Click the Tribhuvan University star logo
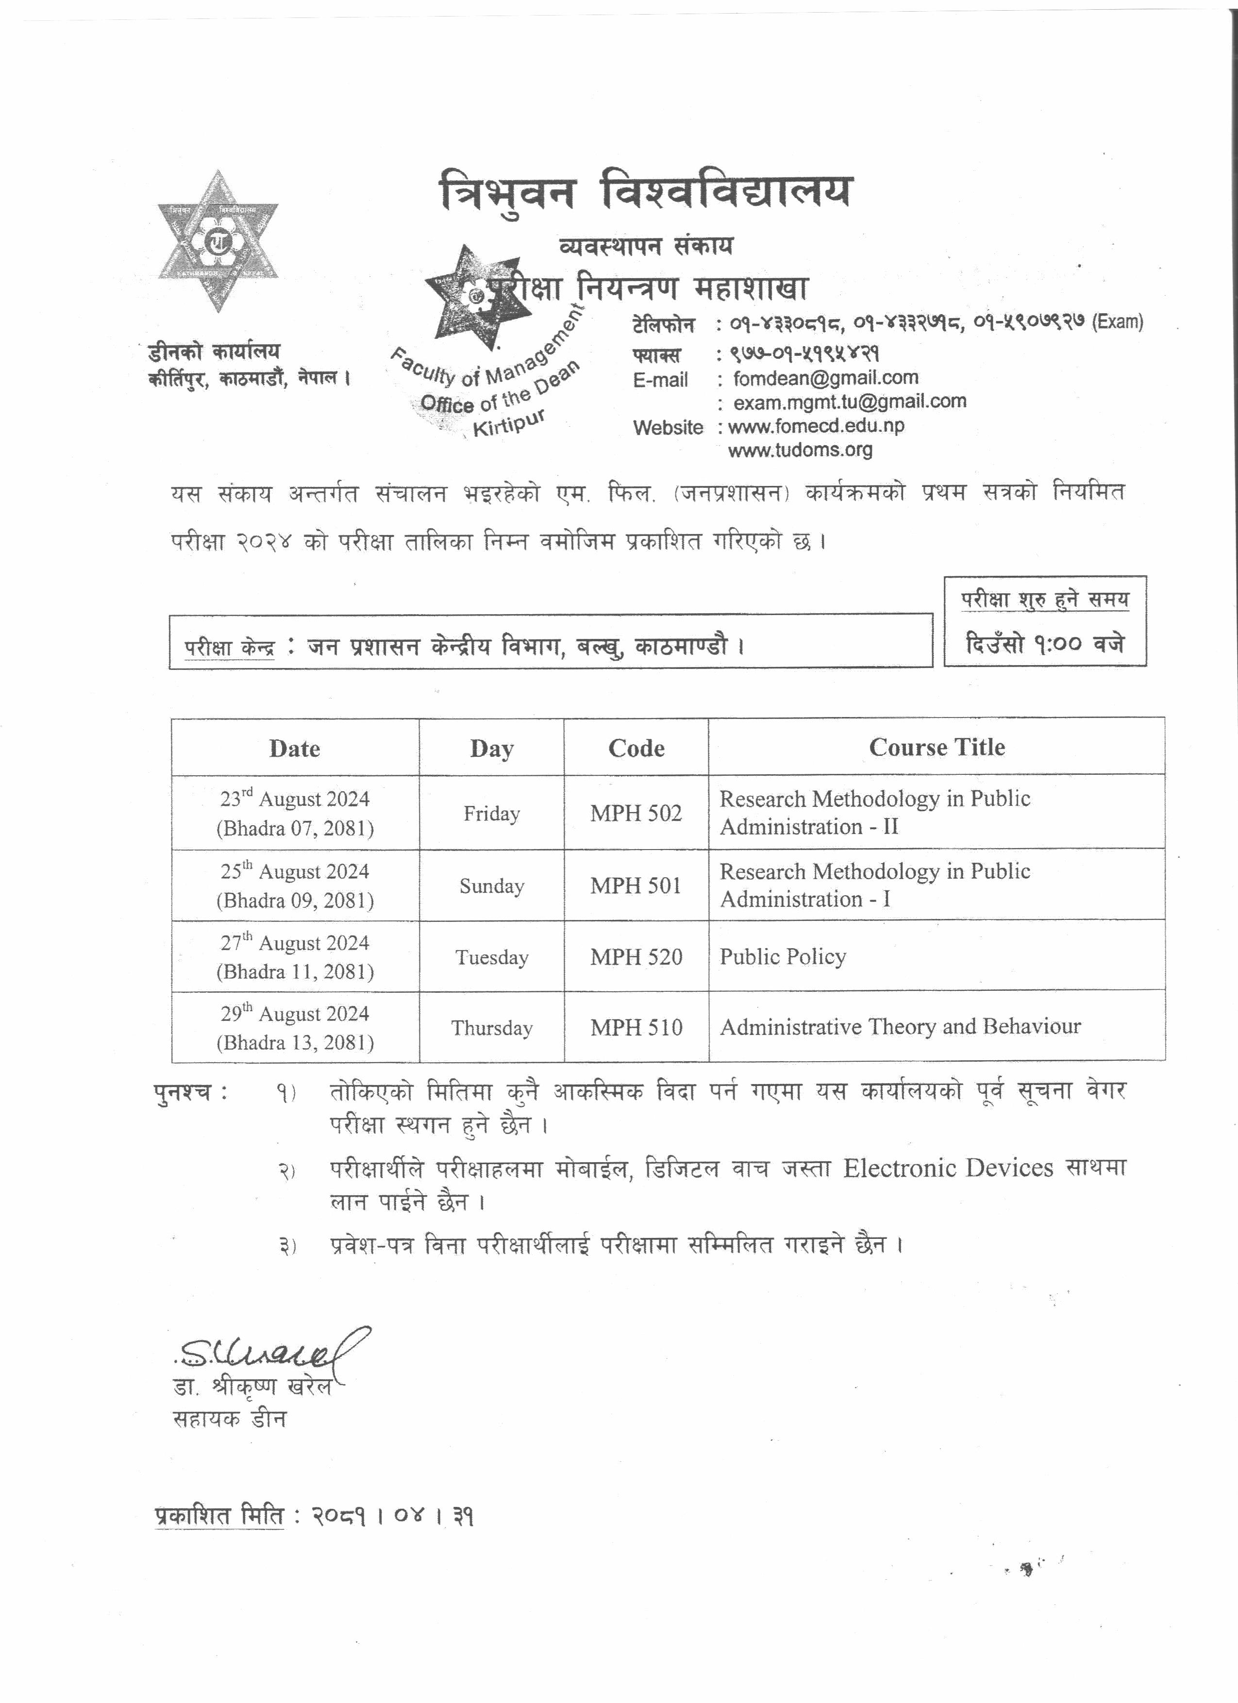(217, 241)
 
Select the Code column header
(636, 748)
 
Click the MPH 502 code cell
(636, 813)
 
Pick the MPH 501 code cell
(636, 885)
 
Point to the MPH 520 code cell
(636, 957)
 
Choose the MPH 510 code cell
(636, 1027)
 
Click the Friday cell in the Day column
(492, 813)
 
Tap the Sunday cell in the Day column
(492, 886)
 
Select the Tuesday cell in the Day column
(492, 957)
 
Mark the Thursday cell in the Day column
(492, 1028)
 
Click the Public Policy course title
(783, 957)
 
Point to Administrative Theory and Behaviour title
(900, 1026)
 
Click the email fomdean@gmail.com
(826, 378)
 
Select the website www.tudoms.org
(800, 450)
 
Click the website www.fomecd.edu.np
(816, 426)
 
